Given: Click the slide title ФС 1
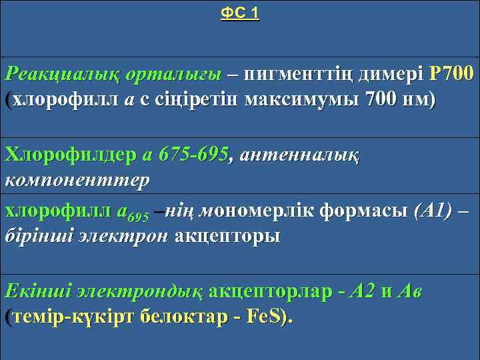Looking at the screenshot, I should pyautogui.click(x=240, y=14).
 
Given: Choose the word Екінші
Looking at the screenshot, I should pyautogui.click(x=37, y=291).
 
